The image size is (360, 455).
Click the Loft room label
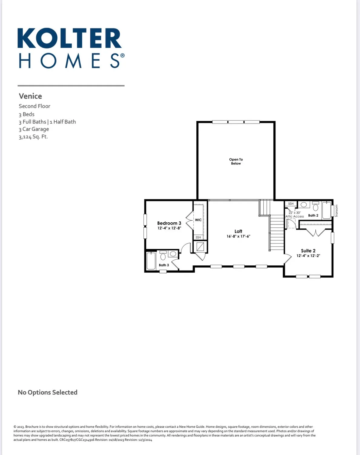(x=238, y=231)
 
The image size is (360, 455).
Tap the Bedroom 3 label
(x=169, y=223)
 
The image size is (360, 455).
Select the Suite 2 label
(x=308, y=251)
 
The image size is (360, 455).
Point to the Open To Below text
(x=236, y=161)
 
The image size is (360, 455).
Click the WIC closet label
(x=198, y=220)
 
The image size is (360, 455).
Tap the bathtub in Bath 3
(x=151, y=261)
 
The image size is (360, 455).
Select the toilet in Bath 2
(x=315, y=207)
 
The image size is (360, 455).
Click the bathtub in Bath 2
(x=326, y=210)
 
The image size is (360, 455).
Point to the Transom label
(x=336, y=211)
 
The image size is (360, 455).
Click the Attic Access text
(x=295, y=216)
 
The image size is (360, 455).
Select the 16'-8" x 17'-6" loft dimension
(x=238, y=236)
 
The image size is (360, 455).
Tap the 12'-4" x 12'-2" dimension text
(x=308, y=256)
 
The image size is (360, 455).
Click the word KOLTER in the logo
(x=69, y=38)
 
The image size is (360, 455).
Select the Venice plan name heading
(x=30, y=96)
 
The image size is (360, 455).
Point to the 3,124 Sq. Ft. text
(x=33, y=136)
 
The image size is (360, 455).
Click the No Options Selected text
(x=48, y=392)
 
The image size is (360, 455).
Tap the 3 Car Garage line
(x=34, y=129)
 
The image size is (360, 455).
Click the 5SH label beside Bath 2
(x=291, y=204)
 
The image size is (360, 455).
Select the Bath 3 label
(x=164, y=265)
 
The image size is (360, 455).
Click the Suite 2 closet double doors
(x=316, y=233)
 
